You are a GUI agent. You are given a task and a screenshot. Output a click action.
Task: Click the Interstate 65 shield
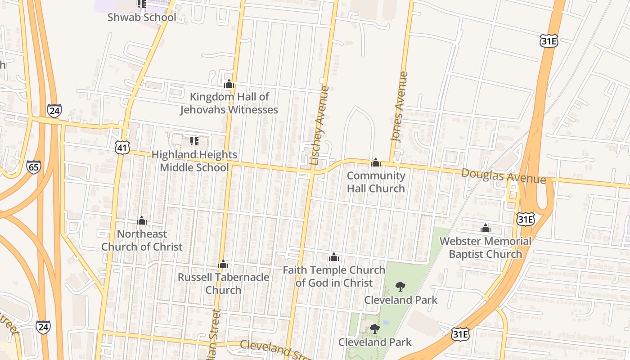click(33, 167)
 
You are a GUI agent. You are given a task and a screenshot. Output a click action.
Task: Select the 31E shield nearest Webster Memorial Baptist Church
click(525, 219)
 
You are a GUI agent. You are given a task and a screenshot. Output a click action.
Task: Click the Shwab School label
click(142, 18)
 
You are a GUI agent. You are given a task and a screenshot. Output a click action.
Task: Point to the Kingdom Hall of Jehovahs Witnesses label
click(229, 103)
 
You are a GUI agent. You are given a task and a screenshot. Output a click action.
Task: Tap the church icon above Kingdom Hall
click(229, 84)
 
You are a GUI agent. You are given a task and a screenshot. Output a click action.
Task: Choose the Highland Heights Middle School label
click(194, 161)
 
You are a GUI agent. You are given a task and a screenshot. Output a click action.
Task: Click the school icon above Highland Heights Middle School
click(194, 142)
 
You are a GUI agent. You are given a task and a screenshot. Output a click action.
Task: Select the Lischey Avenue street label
click(320, 125)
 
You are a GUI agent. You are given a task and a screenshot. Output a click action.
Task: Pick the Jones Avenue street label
click(399, 107)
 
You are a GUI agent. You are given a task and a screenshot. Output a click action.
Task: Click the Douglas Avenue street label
click(504, 175)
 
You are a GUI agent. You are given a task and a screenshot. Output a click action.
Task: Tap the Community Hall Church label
click(376, 182)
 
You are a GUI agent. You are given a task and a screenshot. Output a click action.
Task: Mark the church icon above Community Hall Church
click(376, 162)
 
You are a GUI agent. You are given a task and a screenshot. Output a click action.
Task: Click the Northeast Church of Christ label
click(142, 240)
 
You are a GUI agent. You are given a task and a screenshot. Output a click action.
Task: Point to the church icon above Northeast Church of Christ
click(142, 220)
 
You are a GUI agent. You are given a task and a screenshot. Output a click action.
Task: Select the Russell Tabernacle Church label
click(223, 283)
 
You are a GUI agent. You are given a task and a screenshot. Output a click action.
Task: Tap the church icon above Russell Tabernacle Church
click(223, 264)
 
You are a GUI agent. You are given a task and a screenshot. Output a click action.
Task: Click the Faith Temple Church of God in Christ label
click(334, 276)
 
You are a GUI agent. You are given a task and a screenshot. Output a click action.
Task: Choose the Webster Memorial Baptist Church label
click(485, 247)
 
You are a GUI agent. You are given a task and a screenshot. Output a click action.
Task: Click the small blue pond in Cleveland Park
click(385, 322)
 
